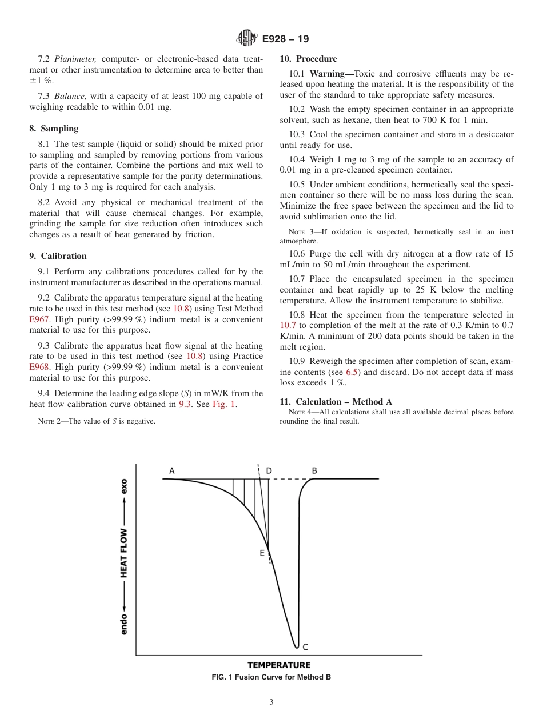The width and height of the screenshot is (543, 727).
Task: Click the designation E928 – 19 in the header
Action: coord(285,39)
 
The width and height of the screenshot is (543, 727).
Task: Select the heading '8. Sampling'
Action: coord(54,129)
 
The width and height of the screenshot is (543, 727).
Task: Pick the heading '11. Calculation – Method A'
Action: coord(336,402)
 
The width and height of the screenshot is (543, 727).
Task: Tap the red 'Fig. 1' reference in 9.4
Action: coord(223,404)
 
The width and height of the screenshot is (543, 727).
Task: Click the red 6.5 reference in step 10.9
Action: coord(353,372)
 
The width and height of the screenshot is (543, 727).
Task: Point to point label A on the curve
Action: coord(171,471)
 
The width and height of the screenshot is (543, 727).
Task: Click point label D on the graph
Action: coord(269,471)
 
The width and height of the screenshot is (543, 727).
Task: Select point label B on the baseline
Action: coord(314,471)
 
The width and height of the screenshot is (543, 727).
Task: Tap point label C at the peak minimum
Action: coord(305,647)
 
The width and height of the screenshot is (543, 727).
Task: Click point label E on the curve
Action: coord(262,553)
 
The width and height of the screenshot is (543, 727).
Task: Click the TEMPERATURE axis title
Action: coord(279,665)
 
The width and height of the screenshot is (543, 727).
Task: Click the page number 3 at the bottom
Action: coord(271,702)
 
